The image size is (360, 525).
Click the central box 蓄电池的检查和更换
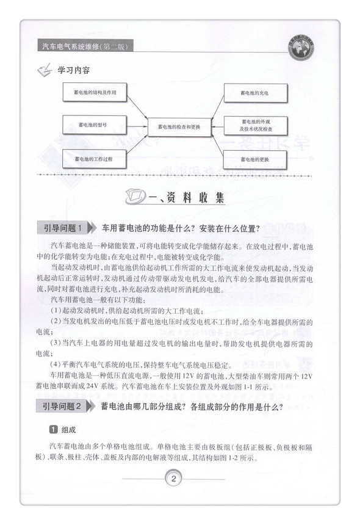pyautogui.click(x=179, y=126)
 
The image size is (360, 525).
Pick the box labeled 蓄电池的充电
pyautogui.click(x=255, y=93)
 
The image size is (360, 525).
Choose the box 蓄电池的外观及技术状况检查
pyautogui.click(x=256, y=125)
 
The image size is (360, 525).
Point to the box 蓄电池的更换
pyautogui.click(x=255, y=160)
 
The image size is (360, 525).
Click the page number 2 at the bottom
pyautogui.click(x=175, y=478)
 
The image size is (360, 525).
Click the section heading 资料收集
pyautogui.click(x=194, y=198)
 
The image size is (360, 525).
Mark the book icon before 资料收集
pyautogui.click(x=135, y=197)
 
